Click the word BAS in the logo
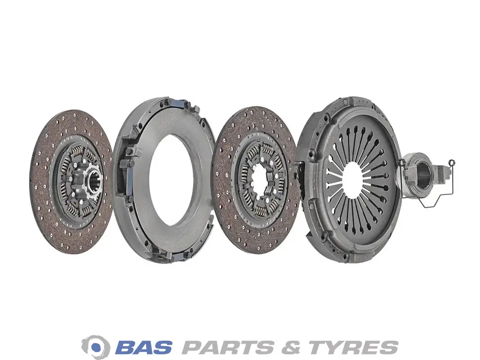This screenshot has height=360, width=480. (x=144, y=347)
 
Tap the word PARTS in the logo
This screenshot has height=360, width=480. (x=227, y=347)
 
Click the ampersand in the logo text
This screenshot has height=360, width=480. (x=290, y=347)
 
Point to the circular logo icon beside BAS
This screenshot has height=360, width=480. (x=96, y=347)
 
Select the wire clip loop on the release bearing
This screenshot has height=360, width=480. (x=434, y=189)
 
